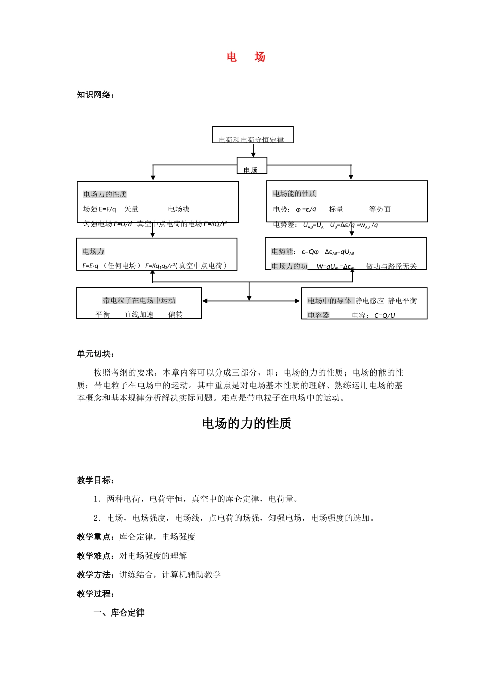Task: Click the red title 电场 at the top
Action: click(246, 57)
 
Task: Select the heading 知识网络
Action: click(95, 95)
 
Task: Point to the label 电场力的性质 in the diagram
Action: click(105, 194)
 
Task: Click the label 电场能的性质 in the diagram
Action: click(294, 194)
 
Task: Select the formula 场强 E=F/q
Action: click(99, 209)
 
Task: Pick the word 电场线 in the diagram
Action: click(179, 209)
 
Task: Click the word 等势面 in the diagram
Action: click(380, 209)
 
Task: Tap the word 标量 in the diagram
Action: click(336, 209)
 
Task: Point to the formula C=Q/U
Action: click(385, 315)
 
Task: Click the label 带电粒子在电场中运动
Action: click(139, 301)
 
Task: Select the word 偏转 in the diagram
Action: click(176, 315)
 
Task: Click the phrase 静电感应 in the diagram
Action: click(369, 301)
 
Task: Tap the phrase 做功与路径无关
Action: click(391, 266)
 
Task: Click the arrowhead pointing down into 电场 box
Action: click(253, 154)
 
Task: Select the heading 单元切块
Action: click(95, 354)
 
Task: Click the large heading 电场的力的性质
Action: click(247, 423)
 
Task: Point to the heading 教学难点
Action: click(95, 556)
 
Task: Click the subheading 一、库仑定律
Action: click(119, 612)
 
